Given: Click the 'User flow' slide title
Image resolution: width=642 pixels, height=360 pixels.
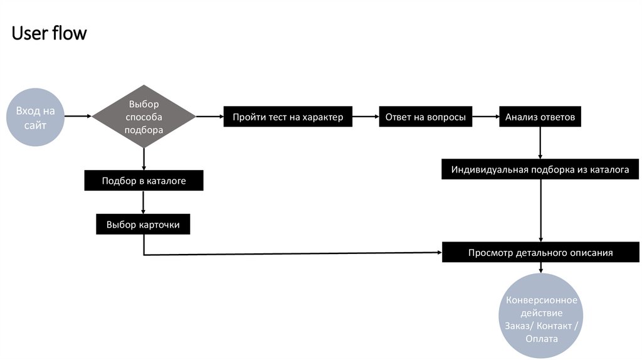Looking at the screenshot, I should [49, 33].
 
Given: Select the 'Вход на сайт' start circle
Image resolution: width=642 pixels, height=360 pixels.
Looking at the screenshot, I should [36, 117].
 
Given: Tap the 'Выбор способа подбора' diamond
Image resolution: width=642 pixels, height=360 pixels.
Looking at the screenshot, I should [144, 117].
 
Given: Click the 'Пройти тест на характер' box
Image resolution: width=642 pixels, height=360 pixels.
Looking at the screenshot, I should [288, 117].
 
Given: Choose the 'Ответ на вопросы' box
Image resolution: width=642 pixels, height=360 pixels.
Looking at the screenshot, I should [425, 117].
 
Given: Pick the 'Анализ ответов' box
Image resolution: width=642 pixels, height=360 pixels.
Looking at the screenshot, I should [540, 117].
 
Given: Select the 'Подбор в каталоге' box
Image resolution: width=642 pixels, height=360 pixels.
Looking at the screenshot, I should [144, 181].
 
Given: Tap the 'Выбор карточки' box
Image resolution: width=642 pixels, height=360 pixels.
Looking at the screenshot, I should [143, 224].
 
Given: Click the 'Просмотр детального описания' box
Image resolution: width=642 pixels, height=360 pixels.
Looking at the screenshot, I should [540, 253].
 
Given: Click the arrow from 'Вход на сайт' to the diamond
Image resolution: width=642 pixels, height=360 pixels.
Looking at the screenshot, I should [78, 116].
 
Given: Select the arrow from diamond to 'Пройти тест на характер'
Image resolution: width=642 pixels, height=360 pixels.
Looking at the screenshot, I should [209, 116].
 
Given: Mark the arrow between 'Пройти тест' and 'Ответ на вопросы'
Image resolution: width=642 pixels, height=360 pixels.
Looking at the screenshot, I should [366, 116].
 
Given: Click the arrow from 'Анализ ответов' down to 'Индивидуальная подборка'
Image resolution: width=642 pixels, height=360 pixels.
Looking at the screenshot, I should [540, 143].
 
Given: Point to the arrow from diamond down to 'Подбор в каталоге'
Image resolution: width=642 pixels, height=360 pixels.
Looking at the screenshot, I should [144, 159].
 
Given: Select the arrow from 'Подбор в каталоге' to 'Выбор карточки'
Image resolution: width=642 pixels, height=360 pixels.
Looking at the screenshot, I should [144, 203].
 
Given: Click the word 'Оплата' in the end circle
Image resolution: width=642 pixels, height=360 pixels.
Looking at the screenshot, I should [541, 339].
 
